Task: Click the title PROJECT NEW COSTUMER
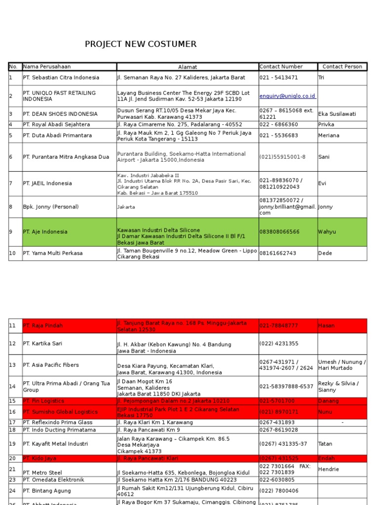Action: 141,44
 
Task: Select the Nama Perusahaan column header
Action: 47,67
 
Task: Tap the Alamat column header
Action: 188,67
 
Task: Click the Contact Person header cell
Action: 342,67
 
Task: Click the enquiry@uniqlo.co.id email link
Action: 288,96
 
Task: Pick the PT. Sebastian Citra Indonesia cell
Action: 61,77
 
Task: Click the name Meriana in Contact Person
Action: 329,135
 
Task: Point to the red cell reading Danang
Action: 328,401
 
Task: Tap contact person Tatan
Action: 326,444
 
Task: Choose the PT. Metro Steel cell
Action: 43,472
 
